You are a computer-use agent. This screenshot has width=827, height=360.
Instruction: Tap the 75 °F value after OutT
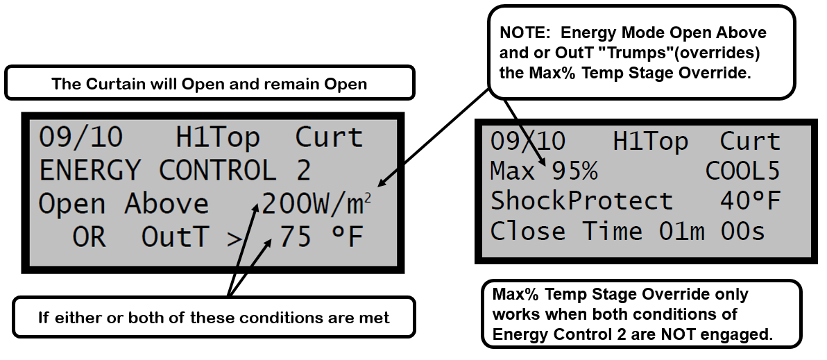click(321, 238)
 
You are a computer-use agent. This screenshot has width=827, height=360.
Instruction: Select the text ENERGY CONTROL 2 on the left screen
click(174, 171)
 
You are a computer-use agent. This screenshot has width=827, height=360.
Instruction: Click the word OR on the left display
click(89, 238)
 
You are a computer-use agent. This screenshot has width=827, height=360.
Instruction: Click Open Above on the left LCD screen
click(123, 205)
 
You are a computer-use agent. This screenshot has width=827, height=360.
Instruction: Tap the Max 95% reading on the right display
click(544, 171)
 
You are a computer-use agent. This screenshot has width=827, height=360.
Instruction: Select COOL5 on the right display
click(743, 171)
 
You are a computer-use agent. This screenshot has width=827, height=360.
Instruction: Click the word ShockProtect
click(581, 201)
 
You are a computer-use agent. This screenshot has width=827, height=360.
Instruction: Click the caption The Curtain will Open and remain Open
click(209, 84)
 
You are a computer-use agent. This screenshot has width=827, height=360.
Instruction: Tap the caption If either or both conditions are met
click(213, 318)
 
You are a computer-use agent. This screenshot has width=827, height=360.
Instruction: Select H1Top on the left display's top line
click(218, 138)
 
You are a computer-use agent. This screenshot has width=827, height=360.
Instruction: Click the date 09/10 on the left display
click(80, 138)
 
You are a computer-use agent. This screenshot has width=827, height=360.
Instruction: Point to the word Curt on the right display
click(750, 142)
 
